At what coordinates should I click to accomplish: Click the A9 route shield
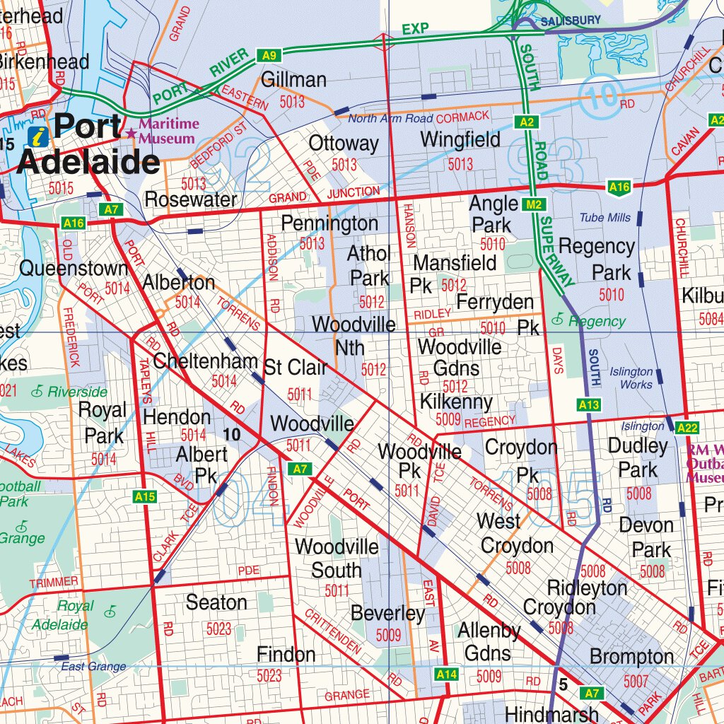(x=269, y=55)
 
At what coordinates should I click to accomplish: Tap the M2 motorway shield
(x=534, y=205)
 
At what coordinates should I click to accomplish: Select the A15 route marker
(x=144, y=497)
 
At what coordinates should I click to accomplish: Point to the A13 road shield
(x=588, y=405)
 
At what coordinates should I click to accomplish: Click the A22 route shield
(x=687, y=427)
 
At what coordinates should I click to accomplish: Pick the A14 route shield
(x=446, y=675)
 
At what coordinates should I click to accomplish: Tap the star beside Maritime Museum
(x=131, y=133)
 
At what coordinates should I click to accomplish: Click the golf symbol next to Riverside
(x=37, y=391)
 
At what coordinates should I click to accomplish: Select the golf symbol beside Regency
(x=558, y=320)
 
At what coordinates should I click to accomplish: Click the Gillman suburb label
(x=293, y=80)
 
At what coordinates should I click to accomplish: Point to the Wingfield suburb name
(x=460, y=140)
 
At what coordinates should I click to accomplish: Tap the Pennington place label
(x=329, y=224)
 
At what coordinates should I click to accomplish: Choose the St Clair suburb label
(x=296, y=368)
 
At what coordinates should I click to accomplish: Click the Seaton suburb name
(x=216, y=602)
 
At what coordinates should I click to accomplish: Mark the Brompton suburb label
(x=631, y=657)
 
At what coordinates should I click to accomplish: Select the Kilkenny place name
(x=456, y=402)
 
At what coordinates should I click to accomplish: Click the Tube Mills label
(x=605, y=218)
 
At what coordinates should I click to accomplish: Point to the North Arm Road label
(x=390, y=119)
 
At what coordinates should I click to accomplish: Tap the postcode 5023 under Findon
(x=269, y=676)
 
